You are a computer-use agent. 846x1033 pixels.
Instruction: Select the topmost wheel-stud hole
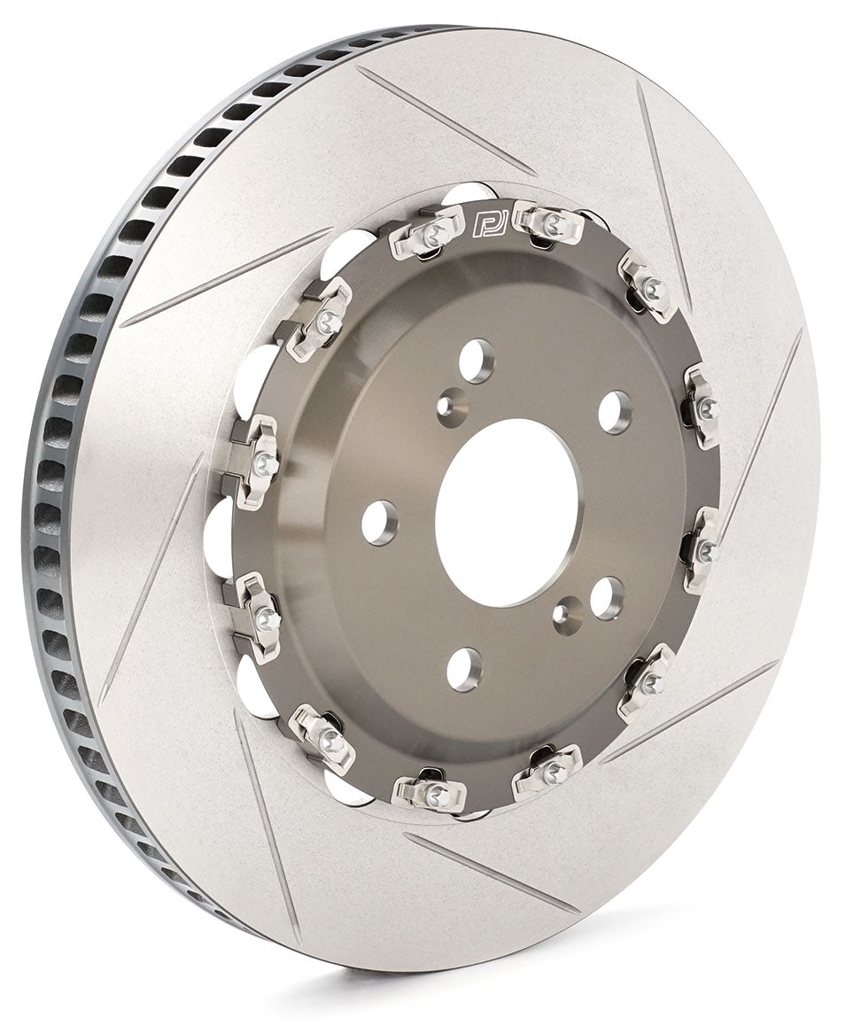coord(476,360)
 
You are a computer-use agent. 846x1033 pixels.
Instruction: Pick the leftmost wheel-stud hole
coord(379,523)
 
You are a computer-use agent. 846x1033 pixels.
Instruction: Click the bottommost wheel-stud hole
coord(464,669)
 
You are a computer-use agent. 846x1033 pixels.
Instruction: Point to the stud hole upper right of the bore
coord(615,412)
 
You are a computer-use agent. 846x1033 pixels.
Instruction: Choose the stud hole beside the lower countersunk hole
coord(607,597)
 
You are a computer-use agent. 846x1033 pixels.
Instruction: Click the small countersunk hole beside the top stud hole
coord(451,407)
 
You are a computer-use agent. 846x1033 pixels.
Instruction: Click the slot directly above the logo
coord(447,120)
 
